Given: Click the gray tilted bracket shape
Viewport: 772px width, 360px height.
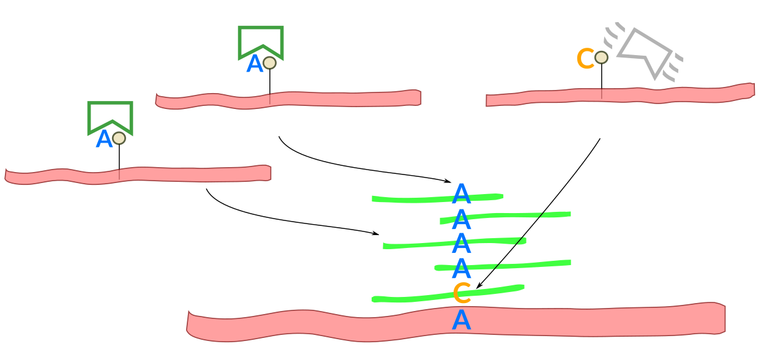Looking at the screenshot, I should pos(646,51).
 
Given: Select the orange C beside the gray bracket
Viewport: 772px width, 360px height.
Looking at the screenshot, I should pos(585,59).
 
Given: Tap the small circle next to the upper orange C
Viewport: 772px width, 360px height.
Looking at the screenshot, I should pos(601,58).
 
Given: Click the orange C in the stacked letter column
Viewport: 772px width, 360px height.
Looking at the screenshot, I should pos(462,293).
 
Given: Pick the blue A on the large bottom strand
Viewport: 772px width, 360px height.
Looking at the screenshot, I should pos(462,320).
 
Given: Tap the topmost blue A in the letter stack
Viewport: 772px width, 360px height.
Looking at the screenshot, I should pos(461,195).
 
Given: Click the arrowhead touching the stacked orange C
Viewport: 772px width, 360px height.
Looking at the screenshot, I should pos(479,286).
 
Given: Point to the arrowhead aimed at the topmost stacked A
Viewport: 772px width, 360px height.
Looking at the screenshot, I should pos(448,181).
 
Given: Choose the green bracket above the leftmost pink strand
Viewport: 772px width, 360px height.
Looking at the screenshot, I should pos(110,115).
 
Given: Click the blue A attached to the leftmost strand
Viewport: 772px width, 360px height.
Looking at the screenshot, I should pos(104,140).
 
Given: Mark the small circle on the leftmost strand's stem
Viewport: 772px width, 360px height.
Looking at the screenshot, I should pos(119,138).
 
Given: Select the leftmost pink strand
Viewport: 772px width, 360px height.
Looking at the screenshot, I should pos(138,174).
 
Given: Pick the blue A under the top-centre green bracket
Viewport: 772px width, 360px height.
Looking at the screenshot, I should pos(254,64).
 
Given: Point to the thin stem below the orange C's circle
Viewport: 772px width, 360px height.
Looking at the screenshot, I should pos(601,80).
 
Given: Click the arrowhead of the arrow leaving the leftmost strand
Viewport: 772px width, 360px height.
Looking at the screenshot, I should pos(375,233).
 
